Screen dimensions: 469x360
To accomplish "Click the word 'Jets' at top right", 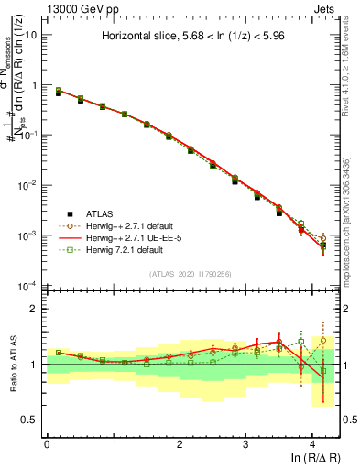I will (x=325, y=7).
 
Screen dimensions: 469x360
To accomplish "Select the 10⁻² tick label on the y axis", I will (x=30, y=185).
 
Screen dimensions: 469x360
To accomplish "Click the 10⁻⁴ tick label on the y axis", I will (x=30, y=286).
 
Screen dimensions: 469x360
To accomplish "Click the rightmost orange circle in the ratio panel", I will (x=322, y=341).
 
